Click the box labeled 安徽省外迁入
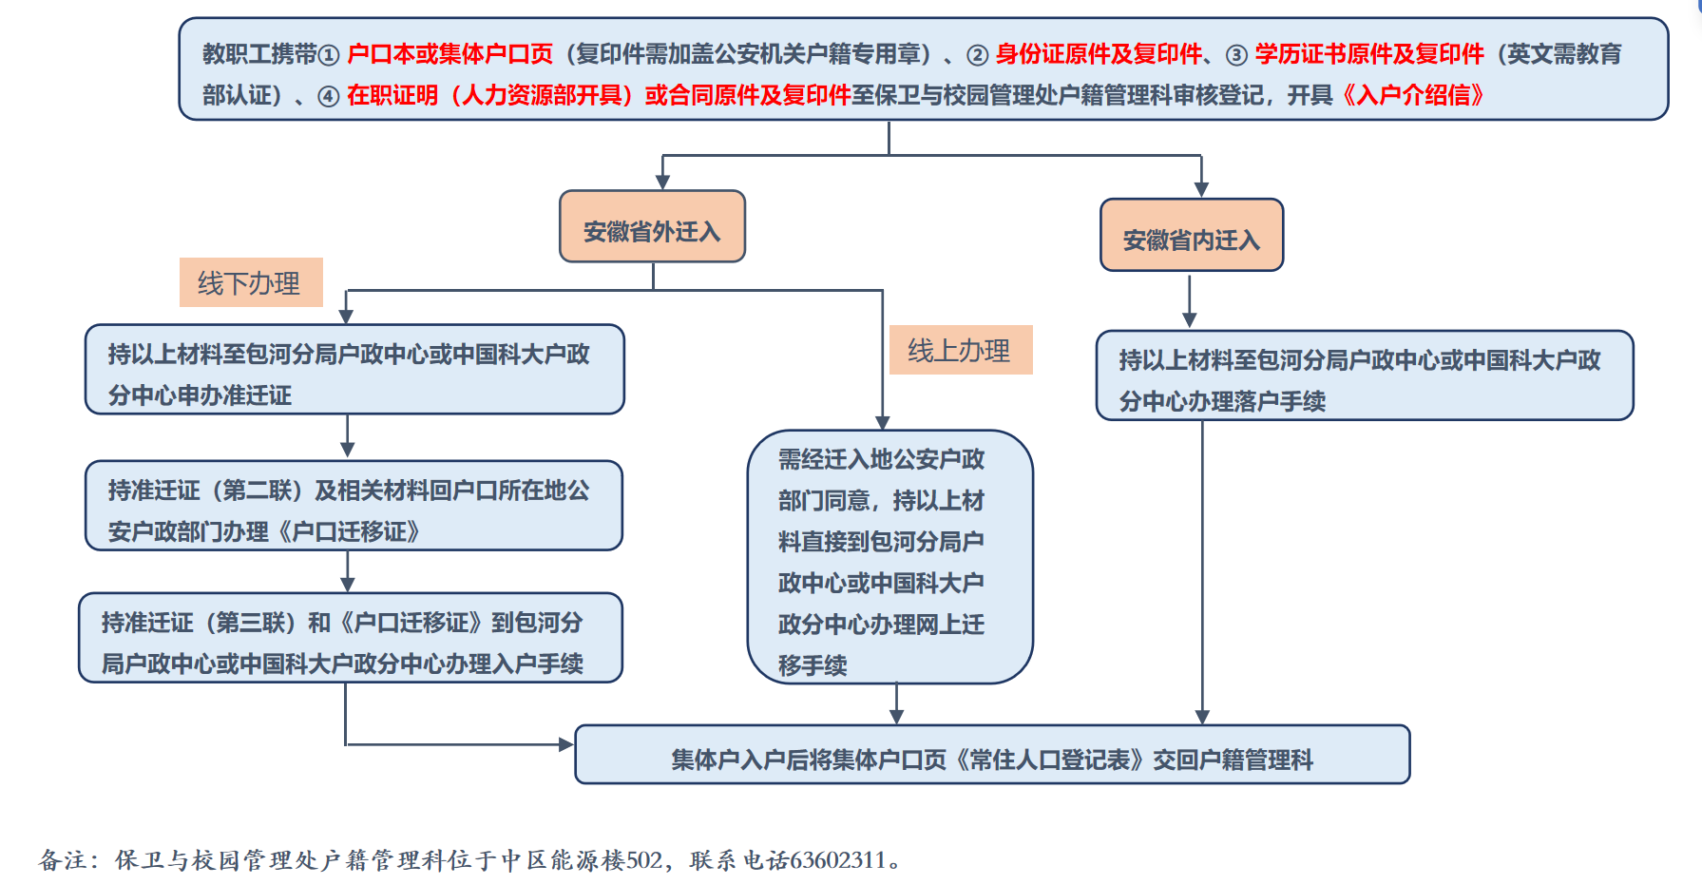(x=652, y=226)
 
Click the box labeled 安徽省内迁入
(x=1192, y=235)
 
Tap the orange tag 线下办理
(x=251, y=282)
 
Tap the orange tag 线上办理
(x=961, y=350)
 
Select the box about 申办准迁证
(x=354, y=370)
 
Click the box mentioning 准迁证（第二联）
(x=354, y=506)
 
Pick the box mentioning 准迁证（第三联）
(x=351, y=638)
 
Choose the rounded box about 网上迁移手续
(x=890, y=557)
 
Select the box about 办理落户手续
(x=1365, y=375)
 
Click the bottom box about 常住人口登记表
(x=992, y=755)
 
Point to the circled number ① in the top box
(x=328, y=55)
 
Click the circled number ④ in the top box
(x=328, y=96)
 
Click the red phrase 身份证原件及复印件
(x=1099, y=54)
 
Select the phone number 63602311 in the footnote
(x=837, y=860)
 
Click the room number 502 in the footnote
(x=644, y=860)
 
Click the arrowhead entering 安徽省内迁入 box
(x=1201, y=190)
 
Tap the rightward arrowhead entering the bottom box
(x=566, y=744)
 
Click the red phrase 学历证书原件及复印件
(x=1369, y=54)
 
